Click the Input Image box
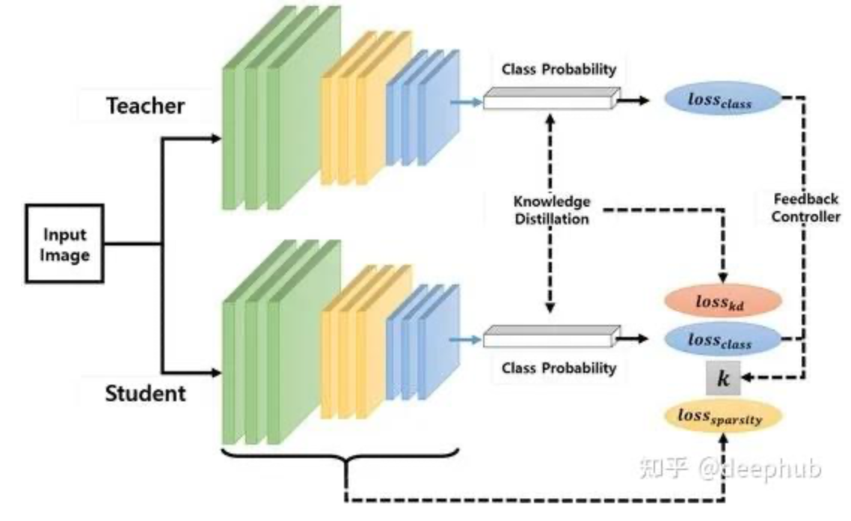pos(64,244)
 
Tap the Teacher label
pos(145,106)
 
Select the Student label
pos(145,392)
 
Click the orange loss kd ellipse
pos(722,302)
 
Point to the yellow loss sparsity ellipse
pos(722,418)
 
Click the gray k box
pos(722,379)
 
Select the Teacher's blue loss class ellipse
pos(722,100)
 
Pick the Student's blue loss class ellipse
pos(722,340)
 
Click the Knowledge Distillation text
pos(551,210)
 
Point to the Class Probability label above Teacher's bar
pos(559,69)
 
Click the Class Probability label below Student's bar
pos(559,368)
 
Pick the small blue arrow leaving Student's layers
pos(471,338)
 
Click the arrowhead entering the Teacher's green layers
pos(216,138)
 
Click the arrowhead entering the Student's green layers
pos(216,371)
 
